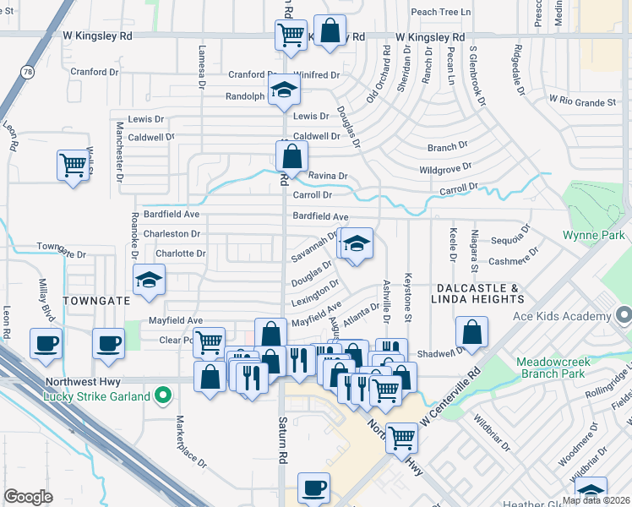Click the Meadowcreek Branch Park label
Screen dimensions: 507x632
click(551, 368)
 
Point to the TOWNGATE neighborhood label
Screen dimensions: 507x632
click(93, 300)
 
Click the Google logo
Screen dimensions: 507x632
click(28, 497)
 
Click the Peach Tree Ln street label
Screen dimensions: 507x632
click(440, 13)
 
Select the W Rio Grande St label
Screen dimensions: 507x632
click(582, 102)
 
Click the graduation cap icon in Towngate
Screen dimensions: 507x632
click(149, 280)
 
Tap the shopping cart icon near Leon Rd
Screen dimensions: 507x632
click(73, 165)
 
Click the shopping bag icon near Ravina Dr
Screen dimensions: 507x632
click(291, 155)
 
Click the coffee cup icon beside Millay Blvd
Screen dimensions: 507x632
click(45, 343)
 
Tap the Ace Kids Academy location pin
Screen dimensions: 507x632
click(624, 316)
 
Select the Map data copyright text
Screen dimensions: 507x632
click(597, 500)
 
